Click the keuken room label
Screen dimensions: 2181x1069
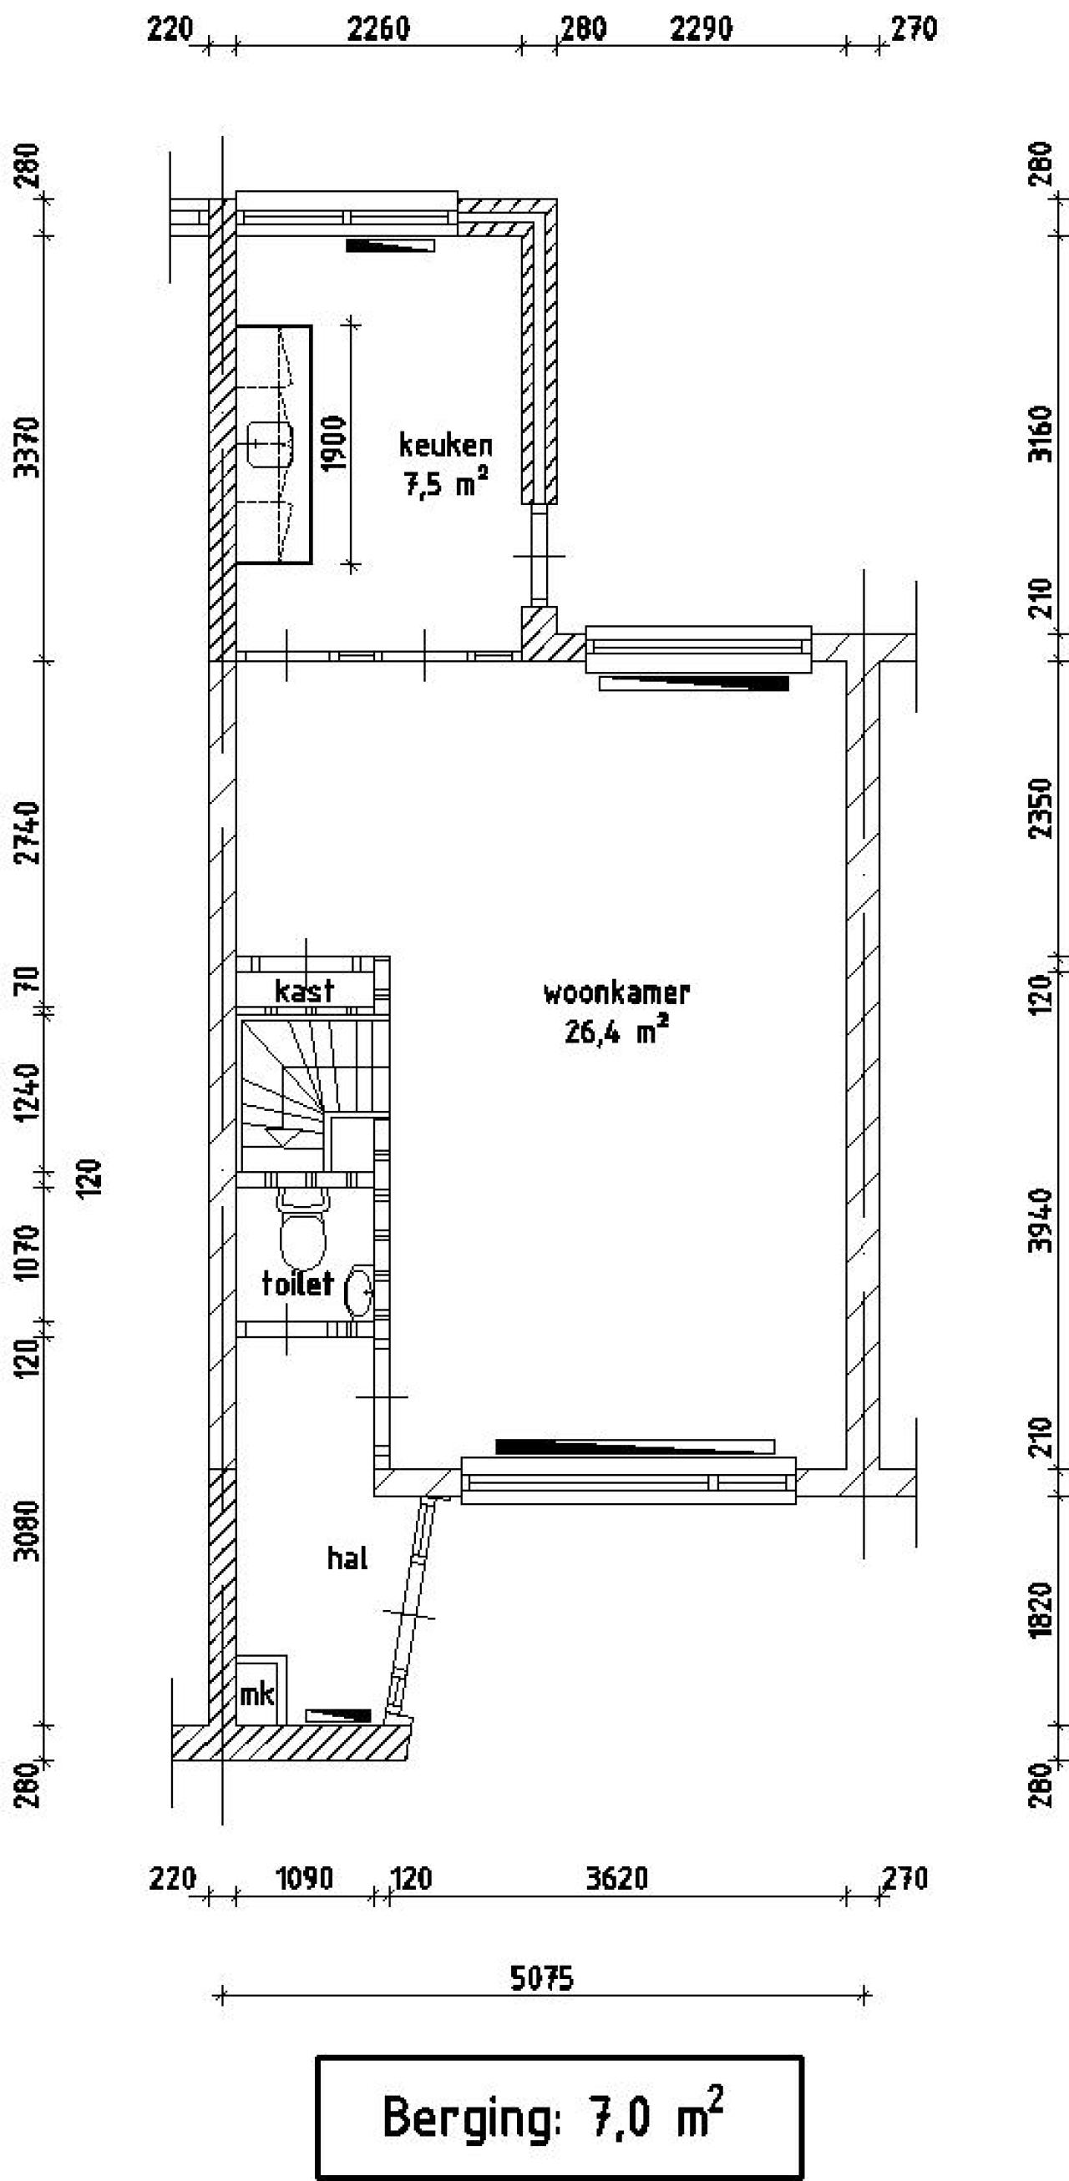[446, 447]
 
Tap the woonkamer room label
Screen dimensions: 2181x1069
[616, 992]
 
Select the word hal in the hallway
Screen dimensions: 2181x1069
[347, 1558]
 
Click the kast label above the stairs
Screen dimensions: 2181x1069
[304, 991]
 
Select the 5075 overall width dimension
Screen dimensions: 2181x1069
[542, 1979]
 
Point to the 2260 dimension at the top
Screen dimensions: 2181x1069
[378, 30]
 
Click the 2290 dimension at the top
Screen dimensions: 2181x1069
[702, 30]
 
